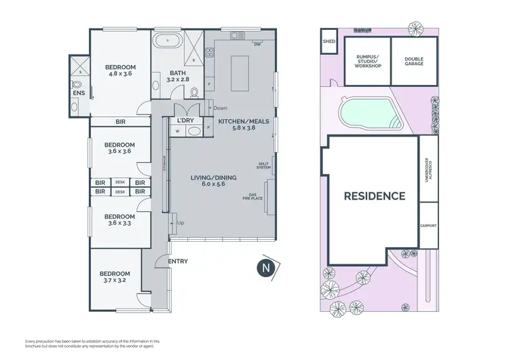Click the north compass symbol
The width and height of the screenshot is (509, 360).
pyautogui.click(x=264, y=267)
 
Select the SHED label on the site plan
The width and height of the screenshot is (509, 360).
pyautogui.click(x=329, y=41)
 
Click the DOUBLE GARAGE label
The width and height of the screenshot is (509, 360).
pyautogui.click(x=414, y=61)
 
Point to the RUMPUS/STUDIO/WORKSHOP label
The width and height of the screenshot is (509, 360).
pyautogui.click(x=368, y=61)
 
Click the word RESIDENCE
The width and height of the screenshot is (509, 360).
pyautogui.click(x=374, y=196)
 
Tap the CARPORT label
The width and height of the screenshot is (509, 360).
pyautogui.click(x=428, y=226)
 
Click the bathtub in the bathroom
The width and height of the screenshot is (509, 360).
pyautogui.click(x=166, y=42)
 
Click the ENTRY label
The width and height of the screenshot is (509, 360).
pyautogui.click(x=177, y=262)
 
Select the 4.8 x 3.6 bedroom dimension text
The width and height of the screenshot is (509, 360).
pyautogui.click(x=120, y=74)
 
